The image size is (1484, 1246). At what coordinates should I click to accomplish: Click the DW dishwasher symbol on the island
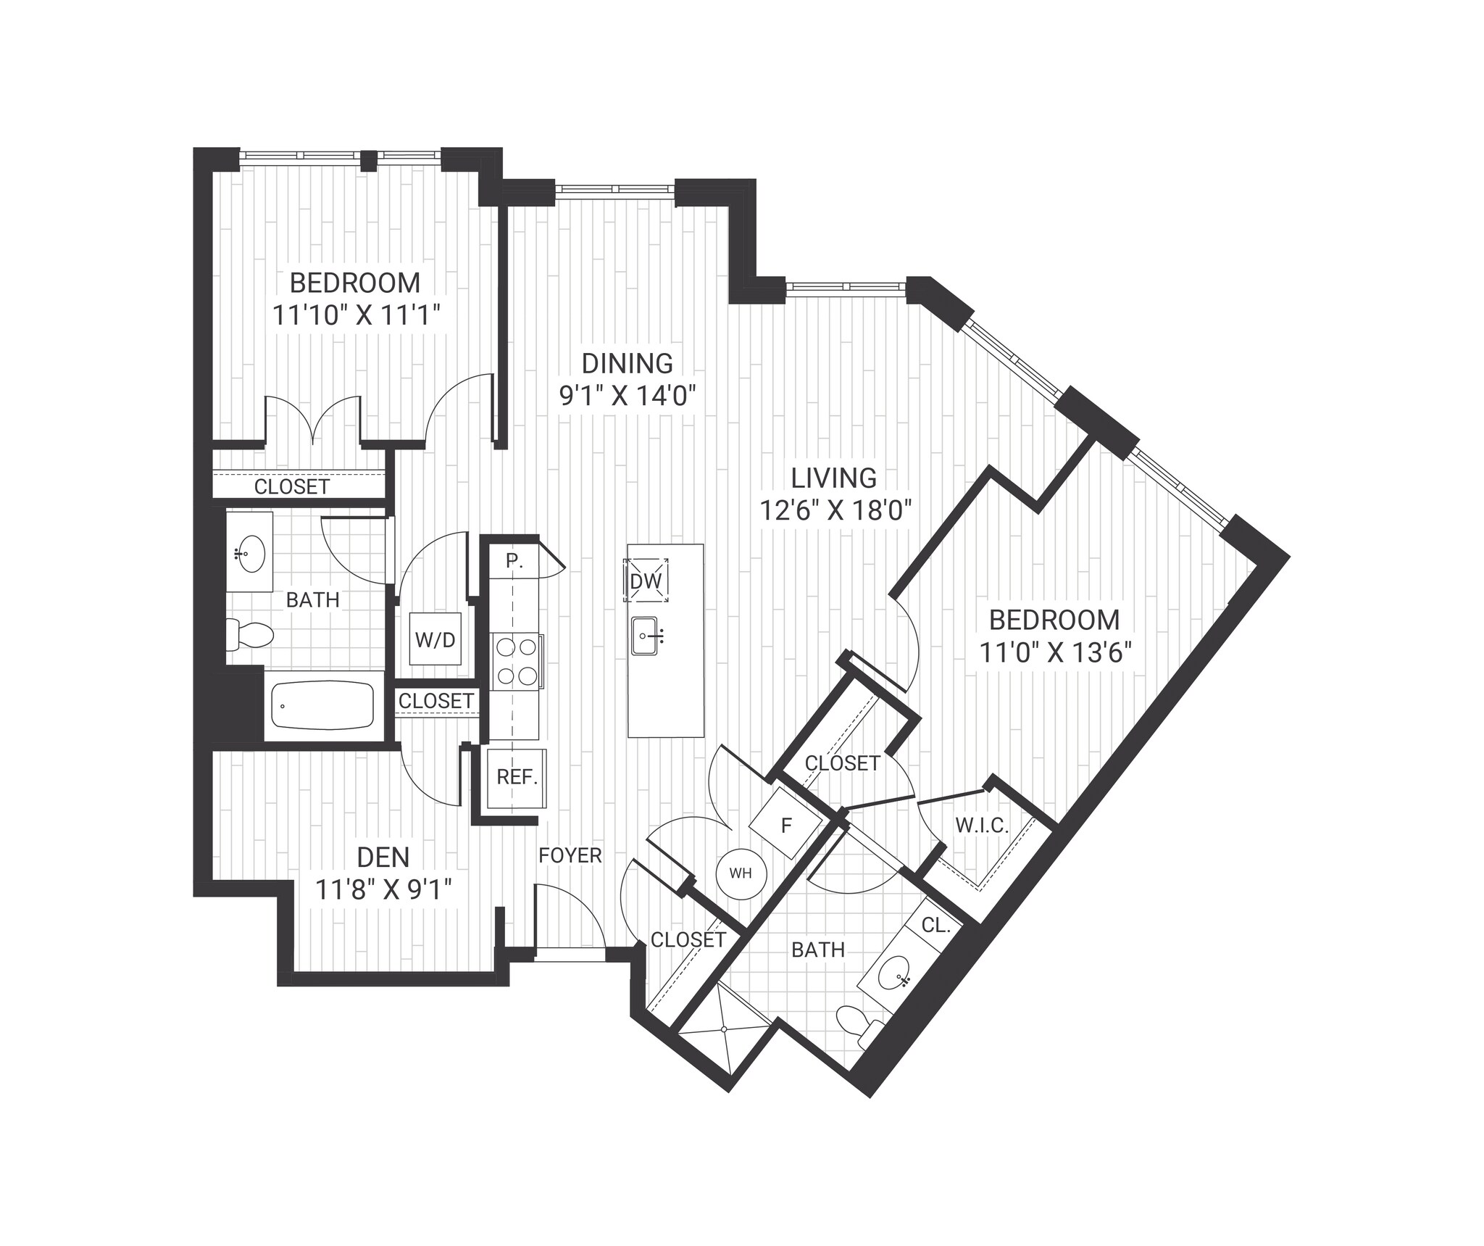coord(646,580)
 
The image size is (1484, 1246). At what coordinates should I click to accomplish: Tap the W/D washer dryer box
coord(435,639)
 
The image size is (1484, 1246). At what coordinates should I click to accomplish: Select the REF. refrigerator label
coord(517,778)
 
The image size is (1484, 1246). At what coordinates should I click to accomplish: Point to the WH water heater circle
coord(741,873)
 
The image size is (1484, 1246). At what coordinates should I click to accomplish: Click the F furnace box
coord(785,825)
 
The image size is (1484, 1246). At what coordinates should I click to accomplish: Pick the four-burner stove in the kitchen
coord(517,661)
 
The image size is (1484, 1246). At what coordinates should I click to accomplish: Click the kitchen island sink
coord(644,636)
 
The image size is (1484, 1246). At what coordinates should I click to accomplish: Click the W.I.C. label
coord(982,825)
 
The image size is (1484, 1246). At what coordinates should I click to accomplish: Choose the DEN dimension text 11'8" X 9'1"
coord(383,889)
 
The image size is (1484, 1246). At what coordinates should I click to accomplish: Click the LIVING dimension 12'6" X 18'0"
coord(834,511)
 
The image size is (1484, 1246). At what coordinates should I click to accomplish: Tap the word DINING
coord(628,362)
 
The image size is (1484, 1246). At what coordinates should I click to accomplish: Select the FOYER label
coord(570,855)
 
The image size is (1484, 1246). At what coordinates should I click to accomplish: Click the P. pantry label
coord(514,560)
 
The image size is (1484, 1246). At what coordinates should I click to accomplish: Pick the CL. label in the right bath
coord(935,926)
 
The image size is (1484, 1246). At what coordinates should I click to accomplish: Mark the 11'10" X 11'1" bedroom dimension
coord(357,315)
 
